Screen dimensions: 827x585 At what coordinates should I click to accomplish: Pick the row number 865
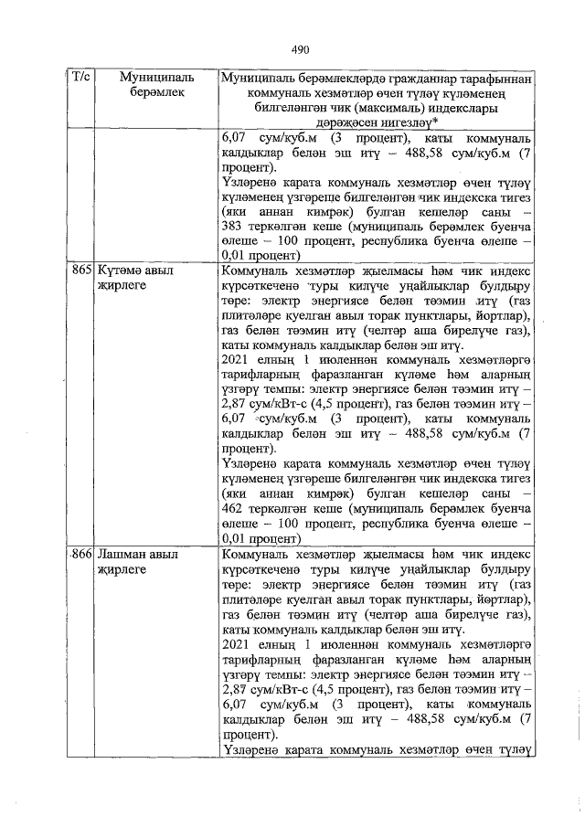coord(80,271)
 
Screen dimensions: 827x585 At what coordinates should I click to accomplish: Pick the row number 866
coord(80,554)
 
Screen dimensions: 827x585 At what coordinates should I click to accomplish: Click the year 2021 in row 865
coord(238,361)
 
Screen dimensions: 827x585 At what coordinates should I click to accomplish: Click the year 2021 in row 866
coord(238,643)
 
